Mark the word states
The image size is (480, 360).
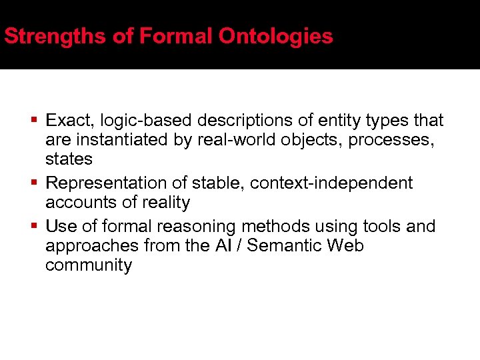pos(69,159)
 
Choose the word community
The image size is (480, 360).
pos(89,265)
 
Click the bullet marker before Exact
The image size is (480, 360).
pos(34,121)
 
